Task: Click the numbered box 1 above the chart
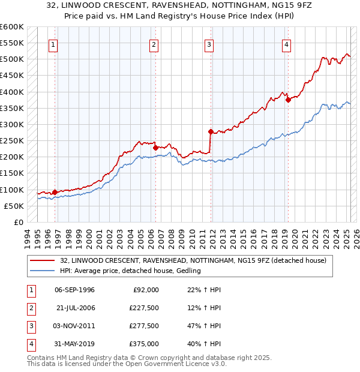[53, 44]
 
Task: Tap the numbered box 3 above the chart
[209, 44]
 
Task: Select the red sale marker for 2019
[288, 100]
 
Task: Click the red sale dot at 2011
[211, 131]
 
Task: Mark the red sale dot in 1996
[55, 192]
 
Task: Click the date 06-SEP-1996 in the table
[74, 290]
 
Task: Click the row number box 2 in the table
[29, 308]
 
